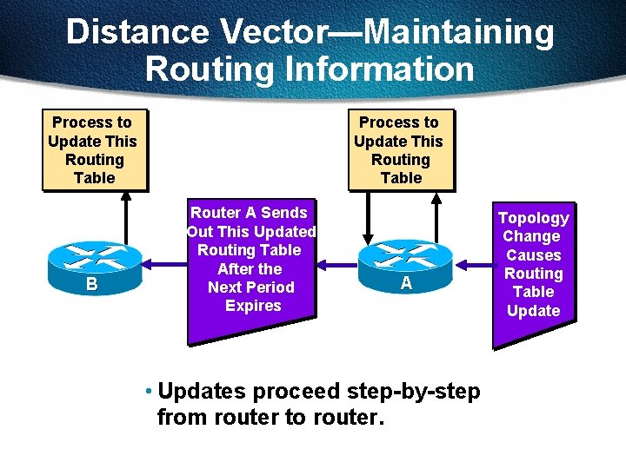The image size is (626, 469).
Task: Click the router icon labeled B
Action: click(92, 260)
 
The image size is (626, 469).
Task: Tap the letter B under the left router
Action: click(91, 284)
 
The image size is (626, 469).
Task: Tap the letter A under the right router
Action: click(406, 284)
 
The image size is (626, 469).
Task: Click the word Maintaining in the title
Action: click(458, 32)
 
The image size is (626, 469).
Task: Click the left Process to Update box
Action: click(93, 150)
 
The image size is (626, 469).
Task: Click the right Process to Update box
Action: click(400, 150)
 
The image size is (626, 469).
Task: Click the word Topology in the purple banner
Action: click(533, 218)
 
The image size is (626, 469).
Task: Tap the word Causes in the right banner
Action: click(533, 255)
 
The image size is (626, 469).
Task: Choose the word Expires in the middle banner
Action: click(253, 306)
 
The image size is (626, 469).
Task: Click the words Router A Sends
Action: click(249, 213)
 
